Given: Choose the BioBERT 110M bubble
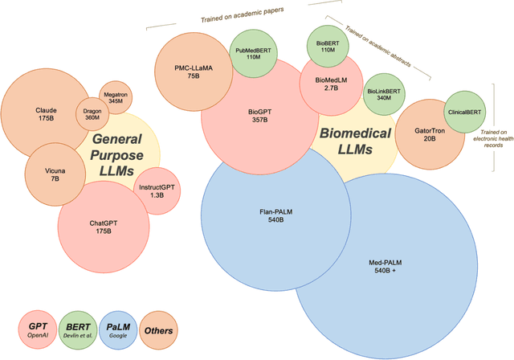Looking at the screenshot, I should point(327,47).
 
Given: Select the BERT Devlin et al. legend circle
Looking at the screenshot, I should point(77,329).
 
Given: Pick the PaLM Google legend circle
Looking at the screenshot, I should point(120,329).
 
